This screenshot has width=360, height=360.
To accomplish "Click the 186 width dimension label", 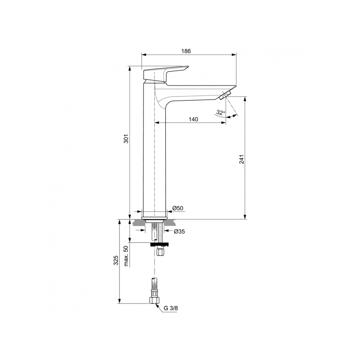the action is point(186,51).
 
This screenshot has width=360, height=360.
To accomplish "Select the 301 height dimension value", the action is point(126,139).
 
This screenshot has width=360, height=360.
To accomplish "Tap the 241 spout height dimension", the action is point(242,159).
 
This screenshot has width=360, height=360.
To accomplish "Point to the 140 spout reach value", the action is point(193,120).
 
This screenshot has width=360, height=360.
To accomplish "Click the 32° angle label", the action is point(221,113).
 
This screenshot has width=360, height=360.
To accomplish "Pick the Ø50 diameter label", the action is point(178,208).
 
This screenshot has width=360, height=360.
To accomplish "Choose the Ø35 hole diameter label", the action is point(179,231).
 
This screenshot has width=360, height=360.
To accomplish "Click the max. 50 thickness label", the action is point(126,256).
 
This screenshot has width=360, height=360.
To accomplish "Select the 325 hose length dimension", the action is point(116,260).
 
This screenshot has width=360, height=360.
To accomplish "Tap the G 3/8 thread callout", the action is point(171,308).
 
